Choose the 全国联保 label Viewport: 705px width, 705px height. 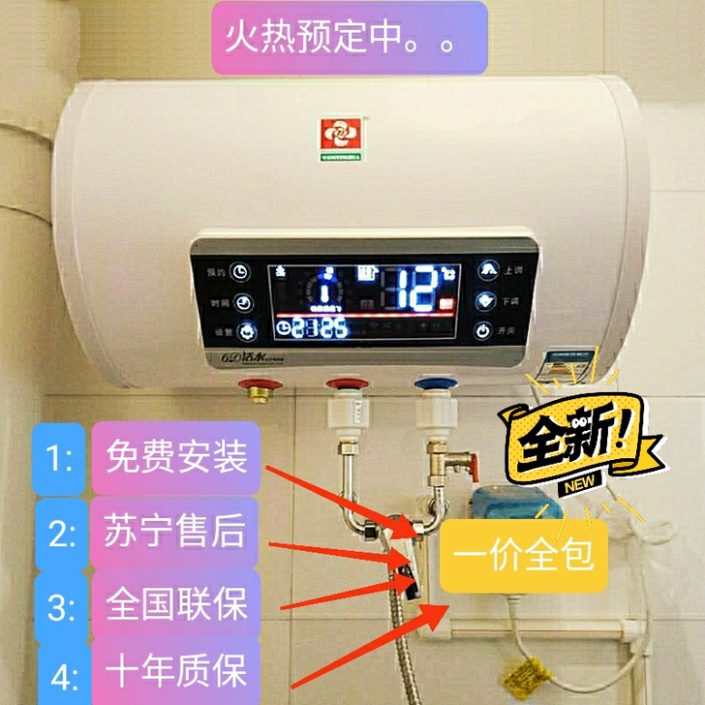pos(176,605)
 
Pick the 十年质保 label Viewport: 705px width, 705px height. pos(176,670)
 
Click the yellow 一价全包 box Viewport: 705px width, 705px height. pos(524,556)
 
